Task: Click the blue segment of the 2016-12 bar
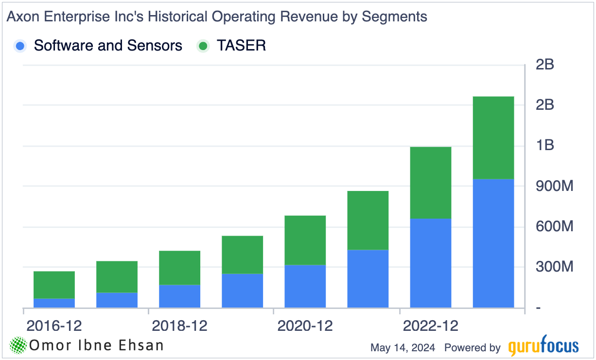click(x=54, y=303)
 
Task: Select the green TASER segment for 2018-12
click(x=179, y=268)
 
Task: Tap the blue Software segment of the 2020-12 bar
click(x=305, y=286)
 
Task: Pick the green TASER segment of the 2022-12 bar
click(x=430, y=183)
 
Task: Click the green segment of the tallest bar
click(x=493, y=138)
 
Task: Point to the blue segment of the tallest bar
click(x=493, y=243)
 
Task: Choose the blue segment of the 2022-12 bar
click(x=430, y=263)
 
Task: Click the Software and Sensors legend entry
click(x=107, y=46)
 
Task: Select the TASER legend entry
click(x=241, y=46)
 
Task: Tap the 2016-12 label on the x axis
click(x=54, y=325)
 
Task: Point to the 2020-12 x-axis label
click(x=305, y=325)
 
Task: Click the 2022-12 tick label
click(x=430, y=325)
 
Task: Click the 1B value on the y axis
click(x=544, y=145)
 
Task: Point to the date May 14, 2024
click(x=403, y=347)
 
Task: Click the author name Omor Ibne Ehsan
click(x=96, y=345)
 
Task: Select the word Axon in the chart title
click(x=21, y=17)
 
